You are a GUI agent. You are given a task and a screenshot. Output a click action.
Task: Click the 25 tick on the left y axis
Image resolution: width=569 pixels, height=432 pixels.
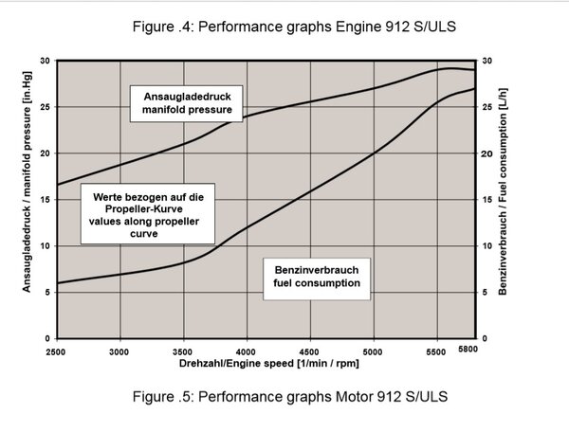pyautogui.click(x=45, y=107)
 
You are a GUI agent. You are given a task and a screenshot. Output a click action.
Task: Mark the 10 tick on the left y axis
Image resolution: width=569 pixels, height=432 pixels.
pyautogui.click(x=45, y=246)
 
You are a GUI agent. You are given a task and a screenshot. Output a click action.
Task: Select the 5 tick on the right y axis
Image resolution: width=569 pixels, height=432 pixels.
pyautogui.click(x=486, y=292)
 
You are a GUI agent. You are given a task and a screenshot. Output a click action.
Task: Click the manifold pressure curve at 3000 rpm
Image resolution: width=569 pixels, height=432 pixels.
pyautogui.click(x=120, y=164)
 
